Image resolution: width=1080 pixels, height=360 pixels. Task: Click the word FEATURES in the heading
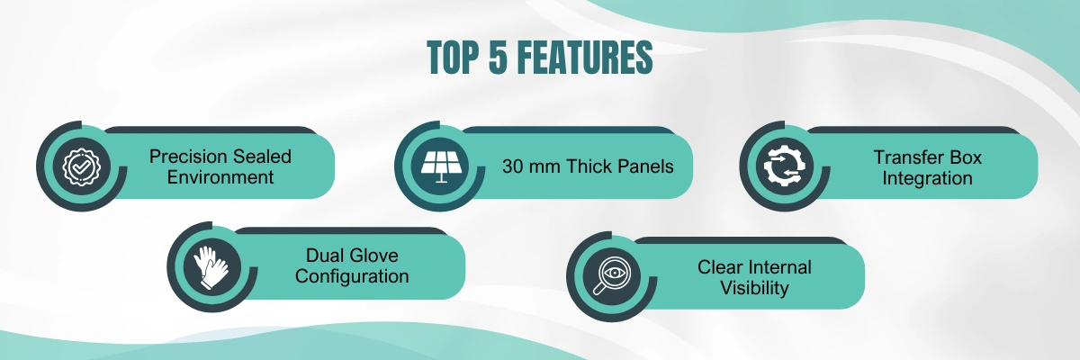point(585,58)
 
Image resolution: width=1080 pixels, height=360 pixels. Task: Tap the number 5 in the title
point(498,58)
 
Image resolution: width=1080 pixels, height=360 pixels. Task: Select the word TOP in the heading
point(454,58)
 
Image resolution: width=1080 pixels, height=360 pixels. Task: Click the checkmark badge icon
point(82,166)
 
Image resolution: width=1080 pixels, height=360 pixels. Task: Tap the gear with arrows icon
point(785,166)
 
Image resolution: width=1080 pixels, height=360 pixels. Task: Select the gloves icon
point(211,267)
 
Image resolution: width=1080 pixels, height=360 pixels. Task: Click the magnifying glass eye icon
point(610,275)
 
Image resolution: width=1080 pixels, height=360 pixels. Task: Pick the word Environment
point(220,177)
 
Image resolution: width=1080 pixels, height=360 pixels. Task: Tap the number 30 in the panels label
point(512,166)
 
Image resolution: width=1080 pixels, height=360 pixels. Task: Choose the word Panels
point(645,166)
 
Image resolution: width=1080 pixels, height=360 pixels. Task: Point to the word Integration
point(927,178)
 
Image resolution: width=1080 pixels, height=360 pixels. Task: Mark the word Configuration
point(352,276)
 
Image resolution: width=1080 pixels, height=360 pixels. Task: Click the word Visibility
point(754,288)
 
